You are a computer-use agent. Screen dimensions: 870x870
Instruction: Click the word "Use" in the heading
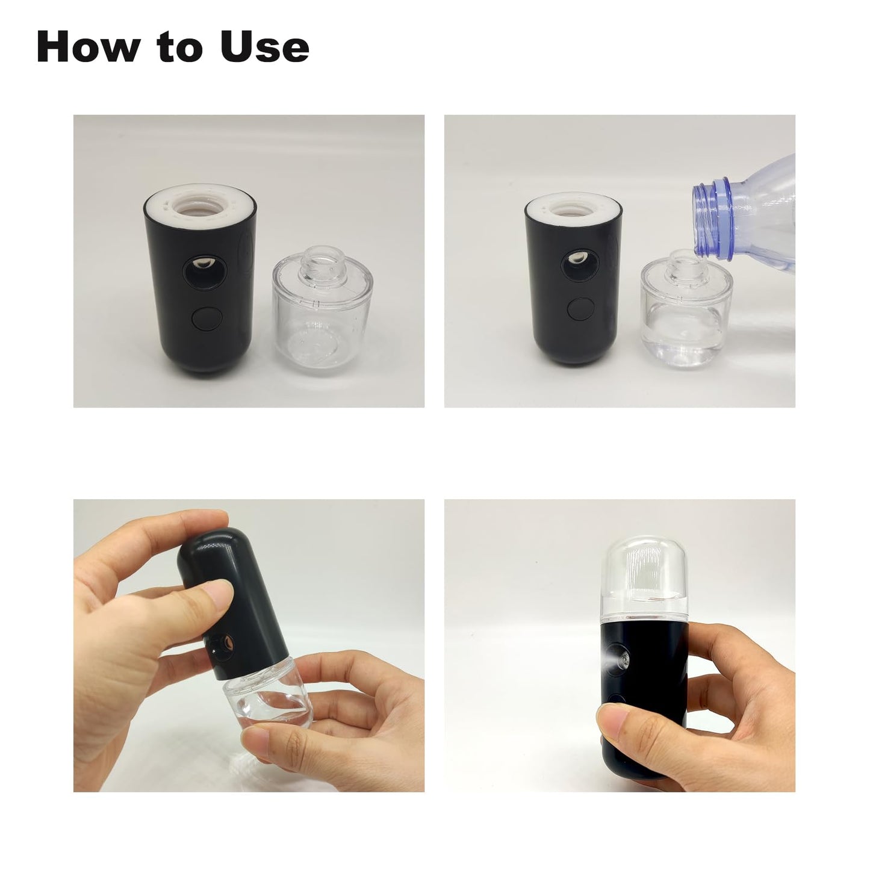click(x=264, y=47)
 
